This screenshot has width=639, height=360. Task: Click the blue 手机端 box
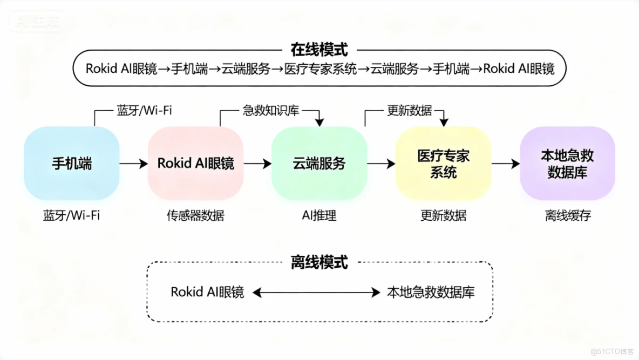(71, 164)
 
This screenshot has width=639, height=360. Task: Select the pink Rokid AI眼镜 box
(195, 164)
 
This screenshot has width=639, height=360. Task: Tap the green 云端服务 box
(319, 164)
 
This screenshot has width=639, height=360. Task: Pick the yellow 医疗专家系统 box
(443, 164)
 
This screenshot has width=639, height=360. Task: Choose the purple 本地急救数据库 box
(567, 164)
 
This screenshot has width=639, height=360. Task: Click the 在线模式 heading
(319, 50)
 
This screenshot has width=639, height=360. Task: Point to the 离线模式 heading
(319, 263)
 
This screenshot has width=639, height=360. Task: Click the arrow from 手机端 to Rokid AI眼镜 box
(133, 164)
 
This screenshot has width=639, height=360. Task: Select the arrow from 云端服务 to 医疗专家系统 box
(381, 164)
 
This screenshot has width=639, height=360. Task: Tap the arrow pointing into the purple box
(505, 164)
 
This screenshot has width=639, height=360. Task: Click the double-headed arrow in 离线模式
(316, 293)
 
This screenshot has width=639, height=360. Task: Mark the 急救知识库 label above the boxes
(270, 111)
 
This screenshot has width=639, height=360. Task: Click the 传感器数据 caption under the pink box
(195, 216)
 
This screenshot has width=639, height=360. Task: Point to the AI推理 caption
(319, 216)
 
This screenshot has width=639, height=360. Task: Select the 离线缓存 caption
(567, 216)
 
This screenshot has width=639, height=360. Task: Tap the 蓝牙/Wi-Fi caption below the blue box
(71, 216)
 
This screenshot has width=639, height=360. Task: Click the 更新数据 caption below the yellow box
(443, 216)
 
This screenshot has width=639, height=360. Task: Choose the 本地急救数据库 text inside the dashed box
(431, 293)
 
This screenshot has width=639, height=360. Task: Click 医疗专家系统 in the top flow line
(321, 69)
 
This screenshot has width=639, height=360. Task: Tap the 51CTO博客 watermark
(612, 351)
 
